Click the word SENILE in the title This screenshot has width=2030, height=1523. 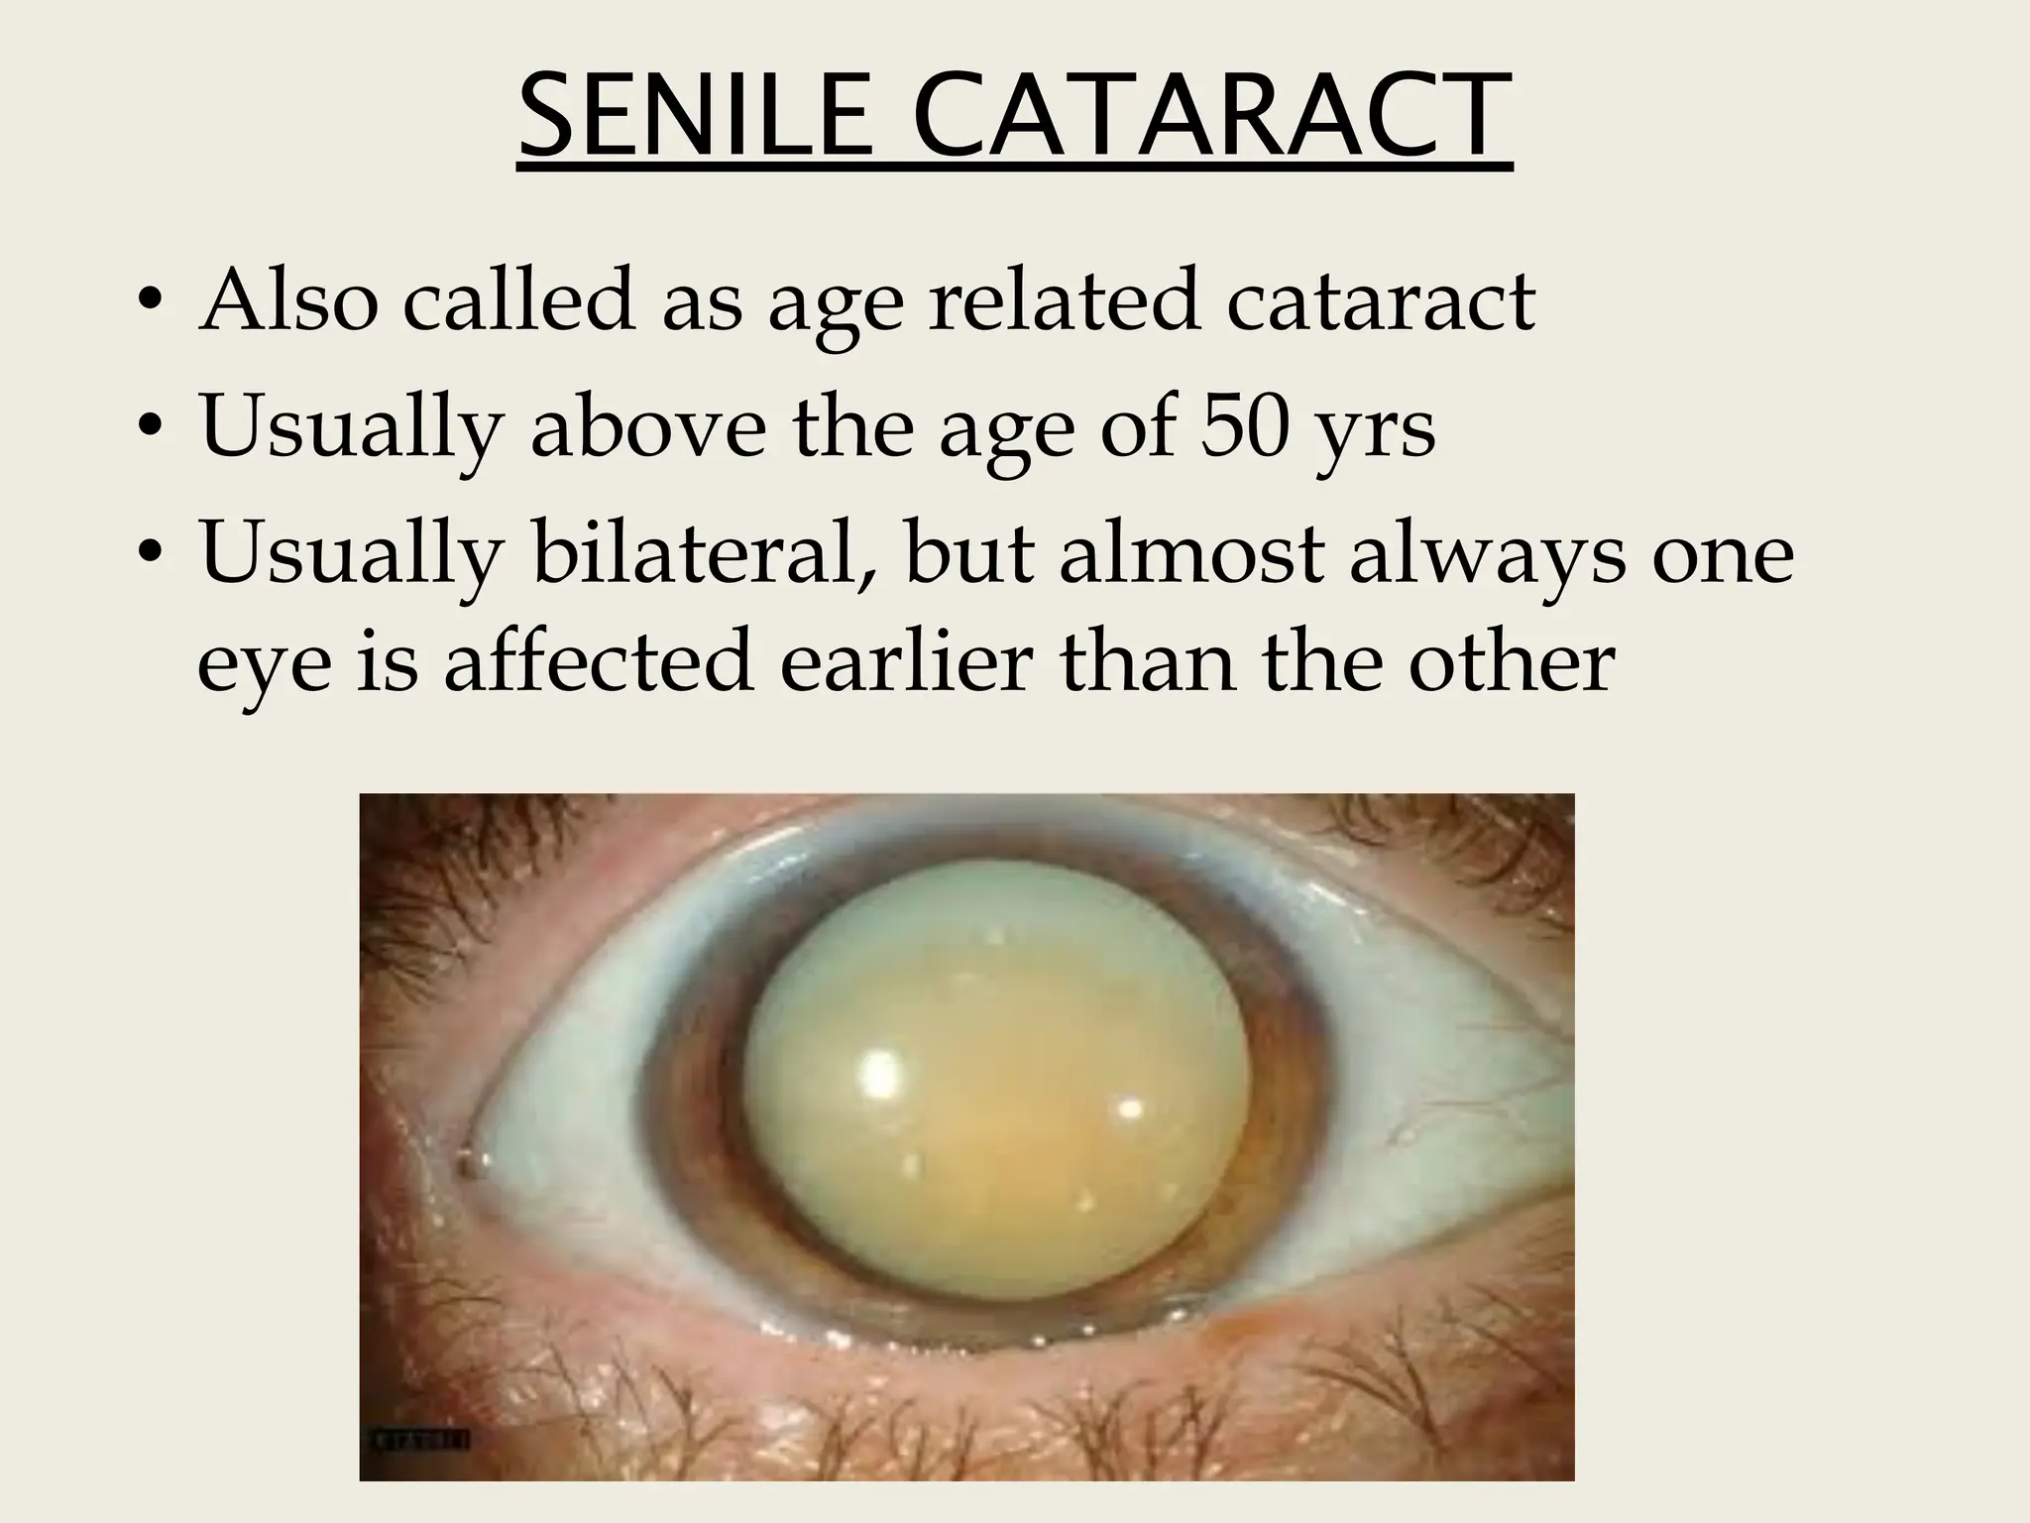point(693,117)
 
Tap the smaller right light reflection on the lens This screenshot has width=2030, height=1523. point(1128,1107)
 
